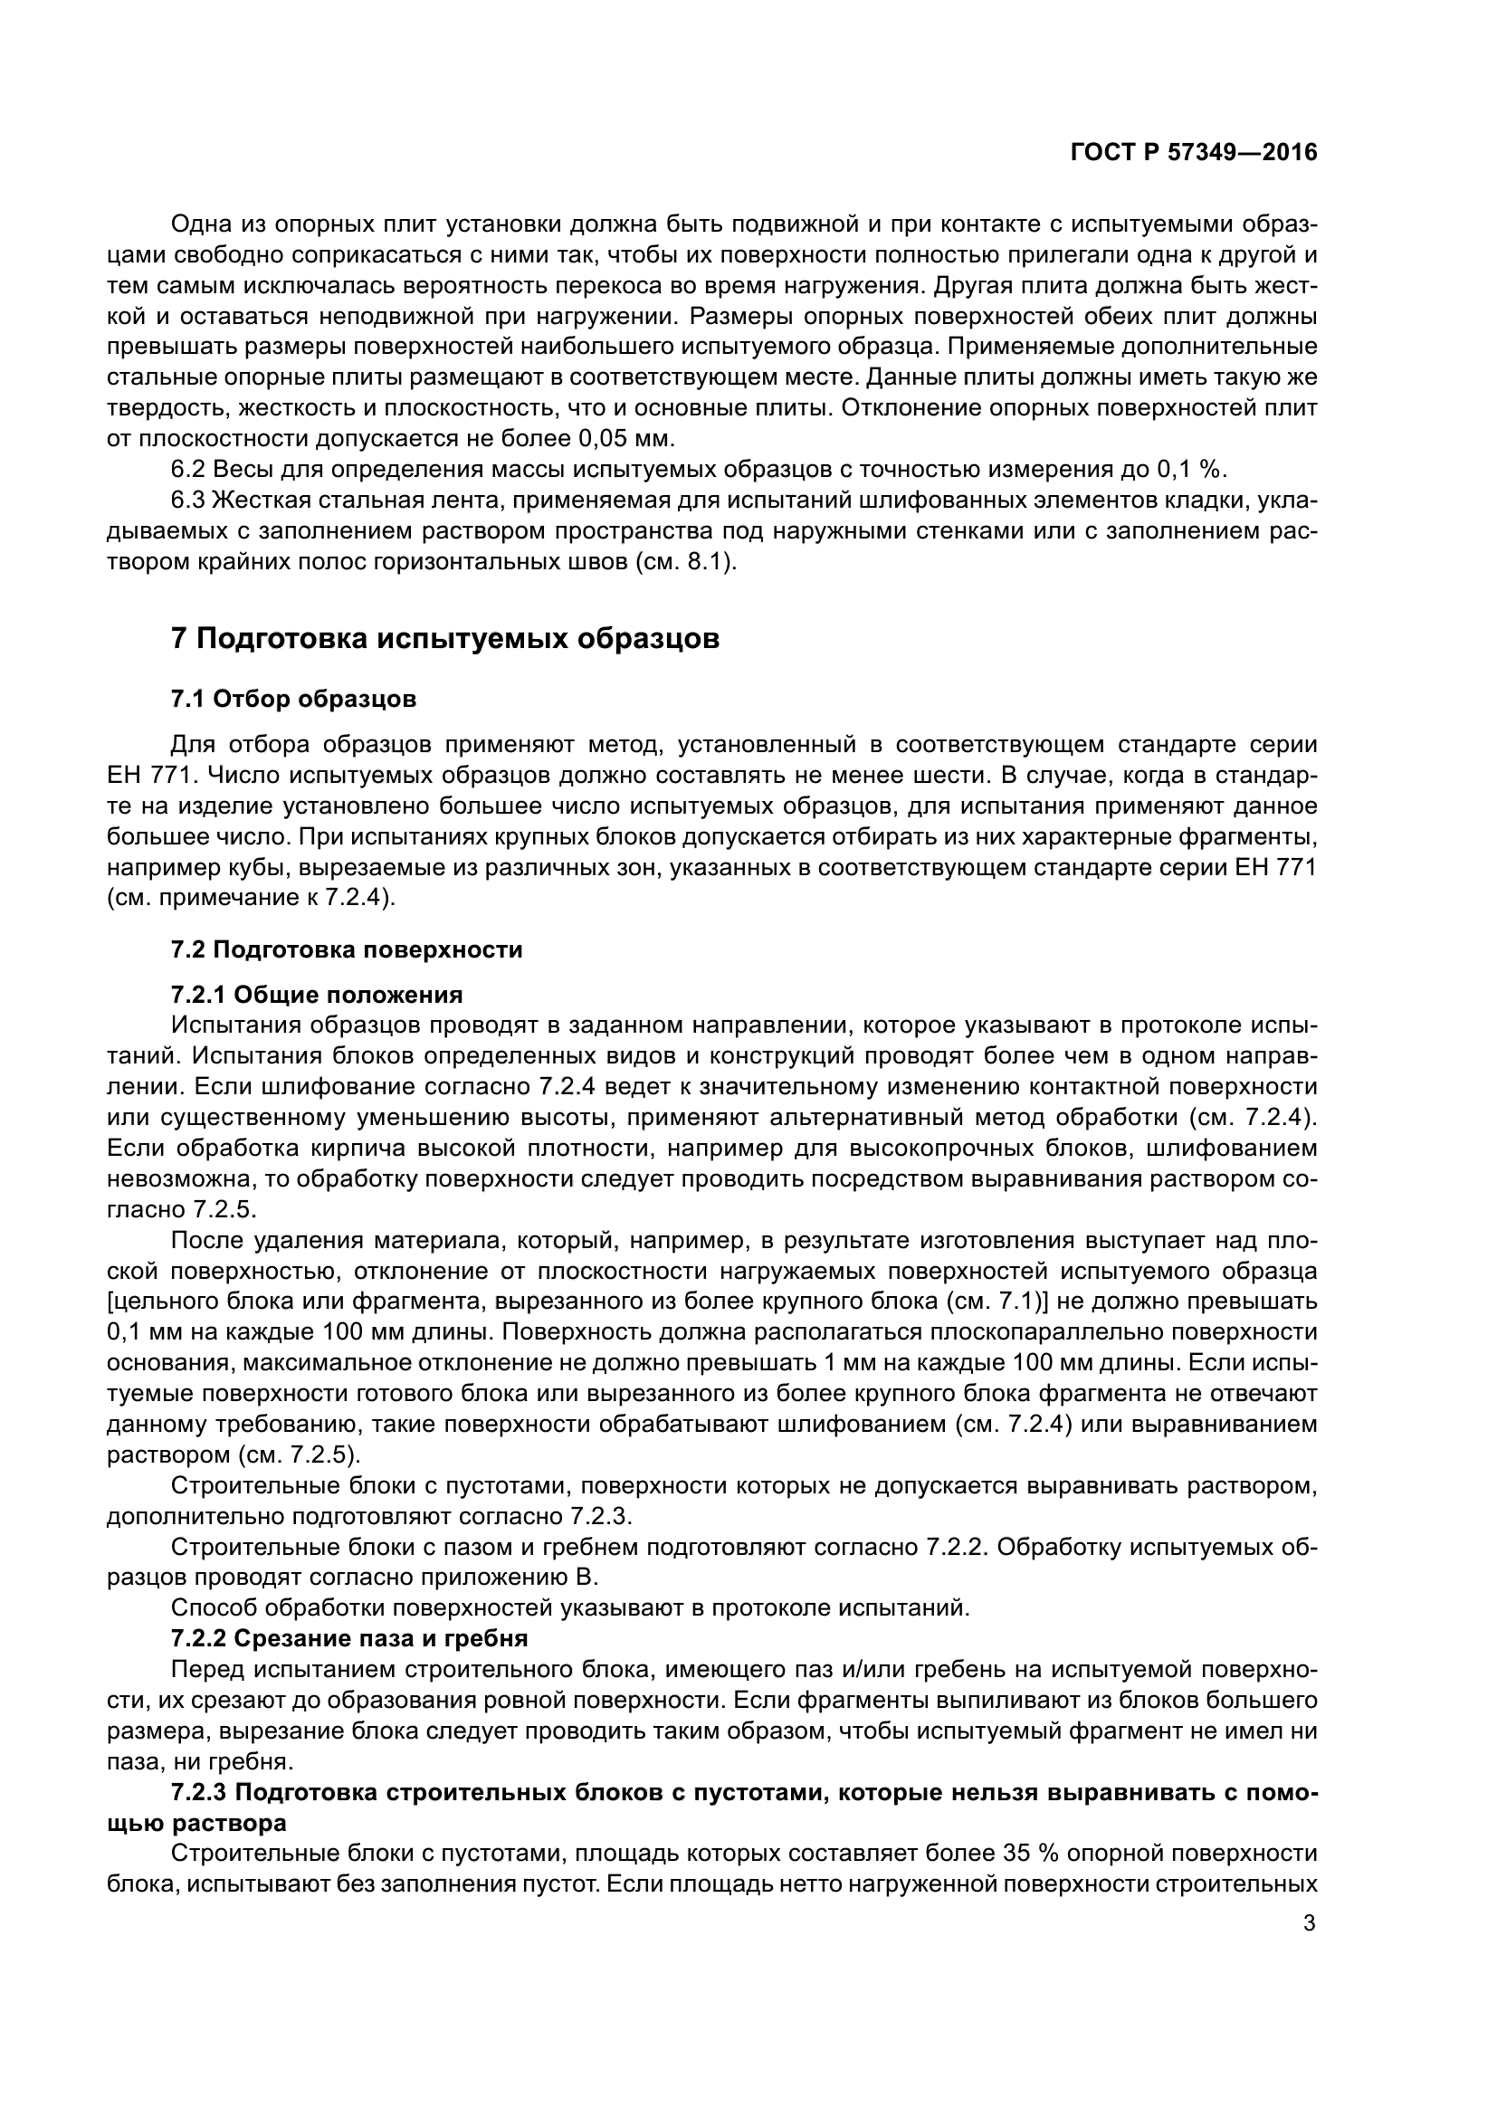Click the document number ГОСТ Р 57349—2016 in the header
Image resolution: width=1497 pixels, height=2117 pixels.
[x=1194, y=153]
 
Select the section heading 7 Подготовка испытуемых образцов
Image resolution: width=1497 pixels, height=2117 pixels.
[x=445, y=638]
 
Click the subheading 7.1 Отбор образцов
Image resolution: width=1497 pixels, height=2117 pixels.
[x=294, y=699]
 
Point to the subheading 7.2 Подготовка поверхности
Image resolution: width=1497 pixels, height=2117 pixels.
[x=347, y=949]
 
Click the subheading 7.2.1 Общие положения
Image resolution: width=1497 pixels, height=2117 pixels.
[x=317, y=995]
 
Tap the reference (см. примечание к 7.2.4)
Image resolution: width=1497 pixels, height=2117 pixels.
[x=252, y=898]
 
